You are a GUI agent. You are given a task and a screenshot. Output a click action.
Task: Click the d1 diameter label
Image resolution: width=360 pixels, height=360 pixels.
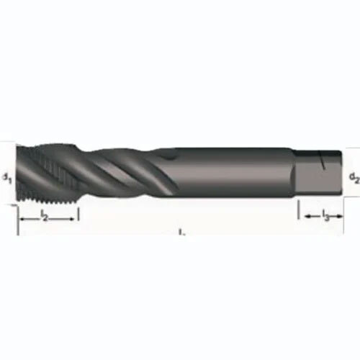tap(5, 176)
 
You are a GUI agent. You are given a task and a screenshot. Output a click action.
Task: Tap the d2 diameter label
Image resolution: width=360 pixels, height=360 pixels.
tap(354, 176)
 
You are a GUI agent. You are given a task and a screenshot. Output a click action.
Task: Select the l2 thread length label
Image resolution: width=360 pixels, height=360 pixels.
tap(44, 215)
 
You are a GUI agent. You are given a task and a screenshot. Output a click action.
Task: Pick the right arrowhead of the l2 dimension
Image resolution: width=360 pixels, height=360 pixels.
tap(73, 215)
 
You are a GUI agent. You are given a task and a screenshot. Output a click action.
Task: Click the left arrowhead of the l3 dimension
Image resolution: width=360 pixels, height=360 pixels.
tap(302, 215)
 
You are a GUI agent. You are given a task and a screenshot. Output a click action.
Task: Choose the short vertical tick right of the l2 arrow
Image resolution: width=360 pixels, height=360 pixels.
tap(78, 215)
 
